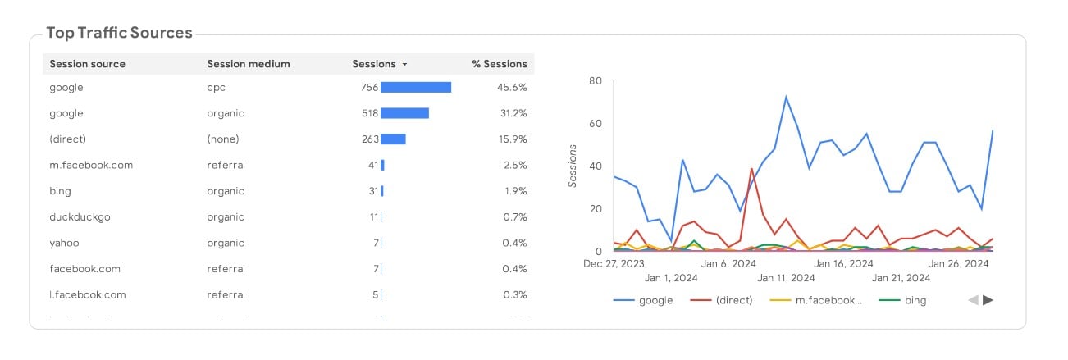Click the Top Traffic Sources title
(x=119, y=33)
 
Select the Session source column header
(x=87, y=64)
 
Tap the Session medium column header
(x=248, y=64)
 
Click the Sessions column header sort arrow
(x=405, y=65)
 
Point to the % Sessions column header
(x=499, y=64)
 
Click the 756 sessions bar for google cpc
(x=416, y=87)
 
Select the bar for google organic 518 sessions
(x=404, y=113)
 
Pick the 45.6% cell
(x=512, y=87)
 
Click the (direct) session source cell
(x=67, y=139)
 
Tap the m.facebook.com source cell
(x=90, y=165)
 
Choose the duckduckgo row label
(x=79, y=217)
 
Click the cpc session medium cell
(x=216, y=87)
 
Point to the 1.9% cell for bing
(x=514, y=191)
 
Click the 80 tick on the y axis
(x=596, y=81)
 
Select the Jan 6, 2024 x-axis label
(x=729, y=264)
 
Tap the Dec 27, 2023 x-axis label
(x=614, y=264)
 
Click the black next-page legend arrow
(x=988, y=300)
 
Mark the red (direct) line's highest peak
(x=751, y=169)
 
